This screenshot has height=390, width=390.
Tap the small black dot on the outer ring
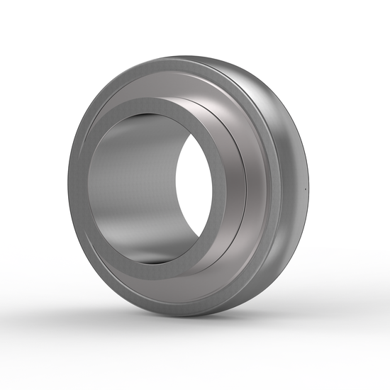click(x=304, y=189)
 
